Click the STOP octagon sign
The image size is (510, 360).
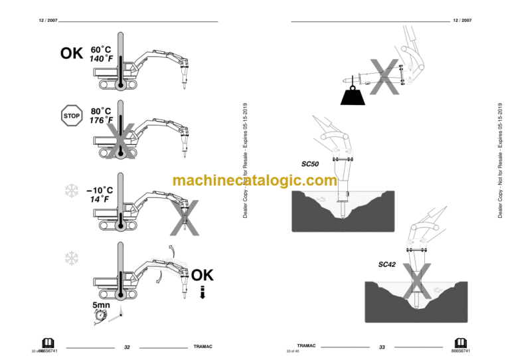point(71,116)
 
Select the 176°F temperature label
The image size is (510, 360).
point(101,120)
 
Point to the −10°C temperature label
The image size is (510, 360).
point(100,189)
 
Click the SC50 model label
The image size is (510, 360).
point(310,163)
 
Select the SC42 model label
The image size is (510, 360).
point(387,264)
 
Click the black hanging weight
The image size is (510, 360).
point(351,96)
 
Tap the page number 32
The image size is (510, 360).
point(127,347)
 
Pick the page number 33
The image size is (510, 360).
point(382,347)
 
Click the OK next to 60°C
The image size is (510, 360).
point(72,53)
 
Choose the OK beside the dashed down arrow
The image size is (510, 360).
point(203,275)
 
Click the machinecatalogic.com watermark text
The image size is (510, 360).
point(255,181)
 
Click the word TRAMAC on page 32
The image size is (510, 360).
point(202,347)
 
